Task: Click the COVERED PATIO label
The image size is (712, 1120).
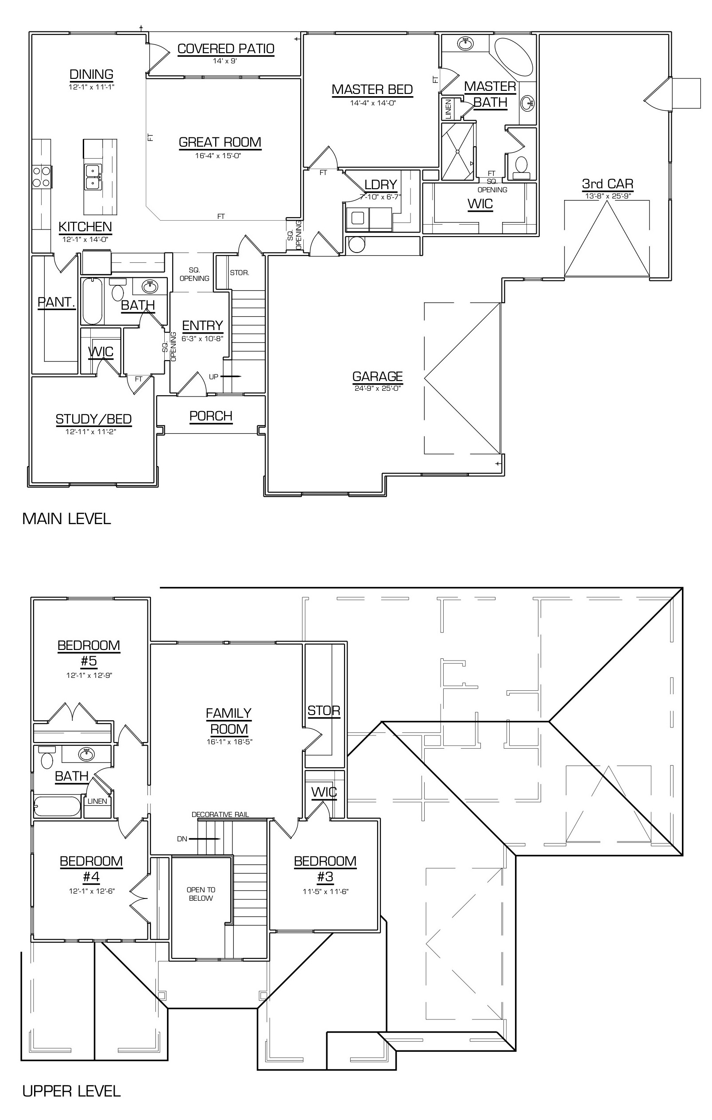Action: pyautogui.click(x=226, y=49)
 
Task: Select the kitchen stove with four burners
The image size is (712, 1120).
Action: pyautogui.click(x=41, y=177)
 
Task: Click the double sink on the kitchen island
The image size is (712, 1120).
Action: pyautogui.click(x=93, y=177)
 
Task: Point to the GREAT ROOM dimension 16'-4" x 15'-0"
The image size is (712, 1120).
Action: pyautogui.click(x=218, y=156)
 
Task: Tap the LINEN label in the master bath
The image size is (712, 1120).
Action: pyautogui.click(x=449, y=109)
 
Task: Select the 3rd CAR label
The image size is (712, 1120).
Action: pyautogui.click(x=608, y=184)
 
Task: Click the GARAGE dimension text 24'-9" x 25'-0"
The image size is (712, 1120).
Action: pyautogui.click(x=377, y=388)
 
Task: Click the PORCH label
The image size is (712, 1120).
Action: pyautogui.click(x=210, y=416)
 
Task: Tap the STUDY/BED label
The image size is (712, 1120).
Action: pyautogui.click(x=93, y=419)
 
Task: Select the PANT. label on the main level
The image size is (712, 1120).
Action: pyautogui.click(x=56, y=302)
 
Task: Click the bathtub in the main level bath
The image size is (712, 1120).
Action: pyautogui.click(x=92, y=301)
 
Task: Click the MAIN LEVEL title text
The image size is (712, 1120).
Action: pyautogui.click(x=66, y=519)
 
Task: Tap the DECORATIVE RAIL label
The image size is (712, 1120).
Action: pyautogui.click(x=220, y=814)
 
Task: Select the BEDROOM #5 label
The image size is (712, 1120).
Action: pyautogui.click(x=89, y=653)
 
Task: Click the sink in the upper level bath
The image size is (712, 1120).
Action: pyautogui.click(x=86, y=754)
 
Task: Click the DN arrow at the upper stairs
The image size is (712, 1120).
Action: pyautogui.click(x=205, y=839)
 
